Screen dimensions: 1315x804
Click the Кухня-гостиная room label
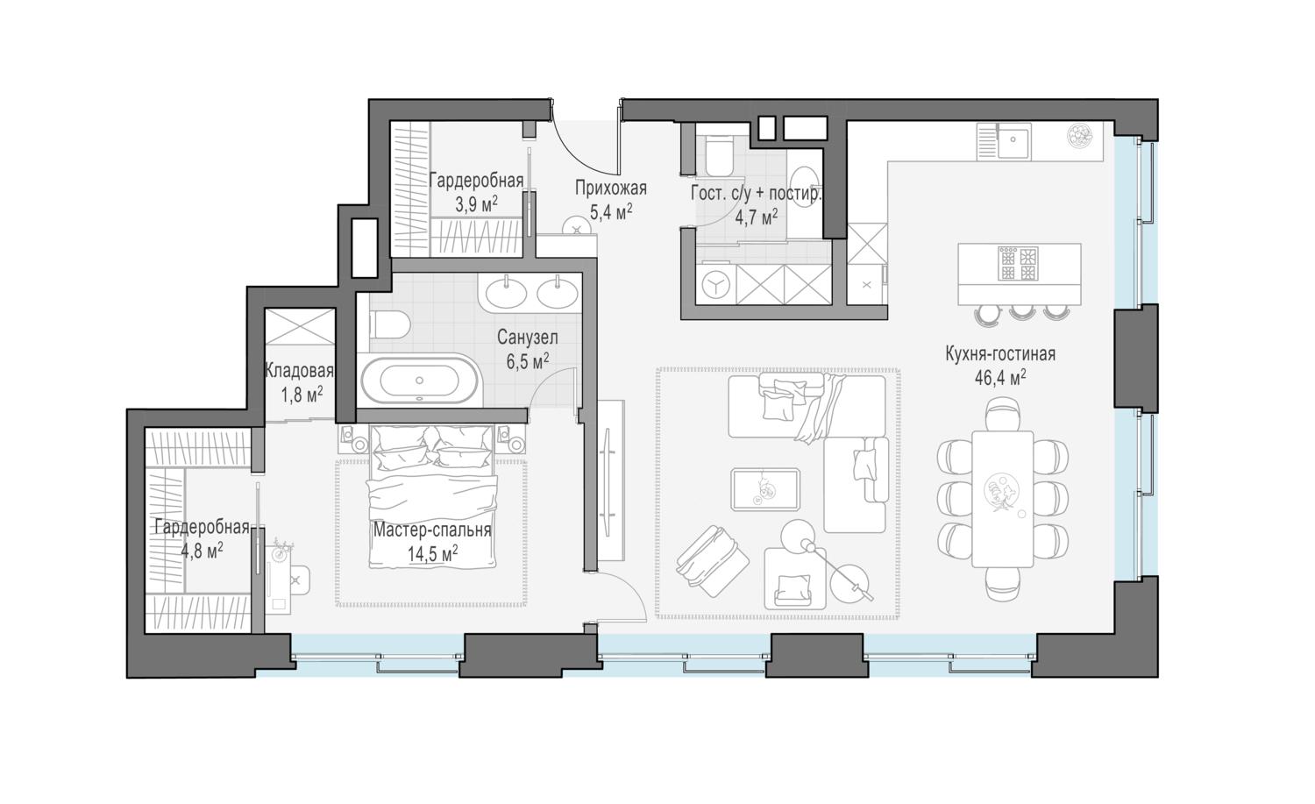[1000, 353]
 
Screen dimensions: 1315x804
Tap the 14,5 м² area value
[433, 553]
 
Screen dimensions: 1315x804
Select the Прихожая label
[610, 188]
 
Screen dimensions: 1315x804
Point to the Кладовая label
[300, 371]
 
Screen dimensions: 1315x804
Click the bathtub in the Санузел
[419, 380]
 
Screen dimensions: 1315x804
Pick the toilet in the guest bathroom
[719, 155]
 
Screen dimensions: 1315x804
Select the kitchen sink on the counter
[1013, 142]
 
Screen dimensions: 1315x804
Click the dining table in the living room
[1002, 499]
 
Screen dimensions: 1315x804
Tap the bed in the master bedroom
[432, 496]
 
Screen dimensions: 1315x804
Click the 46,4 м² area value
[1000, 377]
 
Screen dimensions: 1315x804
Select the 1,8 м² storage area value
[302, 395]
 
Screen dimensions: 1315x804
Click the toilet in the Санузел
[389, 325]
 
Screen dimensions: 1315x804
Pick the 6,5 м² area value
[528, 361]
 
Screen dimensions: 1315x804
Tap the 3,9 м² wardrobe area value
[476, 204]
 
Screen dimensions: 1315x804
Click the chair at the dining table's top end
[1003, 413]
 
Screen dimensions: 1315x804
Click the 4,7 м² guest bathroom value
[757, 217]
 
